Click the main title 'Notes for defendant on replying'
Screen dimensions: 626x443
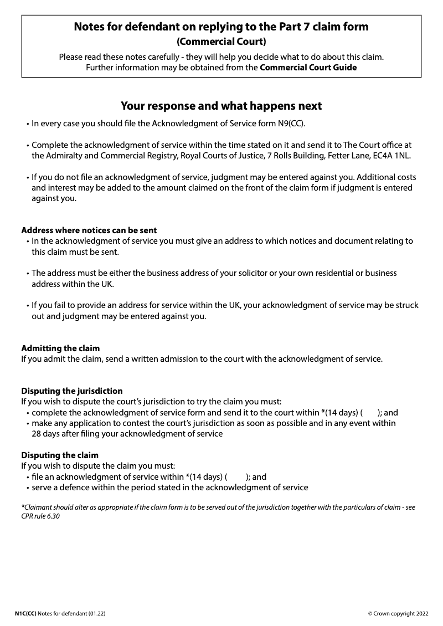[x=221, y=27]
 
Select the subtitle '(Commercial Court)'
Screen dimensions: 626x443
[x=221, y=42]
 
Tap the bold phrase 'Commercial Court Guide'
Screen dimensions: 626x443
[x=308, y=68]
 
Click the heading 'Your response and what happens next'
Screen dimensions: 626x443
[x=221, y=106]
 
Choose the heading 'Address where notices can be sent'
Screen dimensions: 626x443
[x=89, y=230]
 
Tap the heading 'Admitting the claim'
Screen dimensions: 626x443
[x=60, y=348]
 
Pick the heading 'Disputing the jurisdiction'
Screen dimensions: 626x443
[x=72, y=391]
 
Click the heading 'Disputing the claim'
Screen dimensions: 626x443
[x=60, y=455]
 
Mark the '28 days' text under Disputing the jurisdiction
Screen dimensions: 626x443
[x=46, y=434]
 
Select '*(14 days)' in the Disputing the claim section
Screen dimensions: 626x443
[x=204, y=476]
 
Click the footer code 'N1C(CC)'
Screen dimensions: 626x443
[x=25, y=614]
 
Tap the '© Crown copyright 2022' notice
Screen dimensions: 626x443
[x=398, y=614]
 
